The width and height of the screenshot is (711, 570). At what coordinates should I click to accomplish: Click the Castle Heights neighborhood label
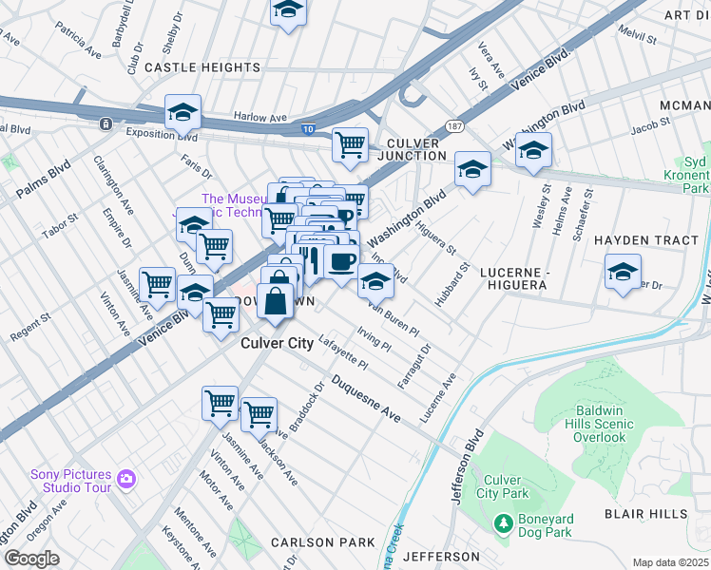(x=202, y=67)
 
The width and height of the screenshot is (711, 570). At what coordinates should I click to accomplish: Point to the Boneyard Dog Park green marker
(x=503, y=521)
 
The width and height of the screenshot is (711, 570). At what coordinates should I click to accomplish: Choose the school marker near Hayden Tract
(x=623, y=272)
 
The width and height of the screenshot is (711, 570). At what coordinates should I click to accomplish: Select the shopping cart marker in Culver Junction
(x=351, y=144)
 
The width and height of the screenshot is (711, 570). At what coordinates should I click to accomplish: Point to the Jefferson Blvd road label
(x=459, y=469)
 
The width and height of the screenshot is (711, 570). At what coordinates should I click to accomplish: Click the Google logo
(x=31, y=558)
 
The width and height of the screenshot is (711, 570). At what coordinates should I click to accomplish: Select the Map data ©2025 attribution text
(x=670, y=562)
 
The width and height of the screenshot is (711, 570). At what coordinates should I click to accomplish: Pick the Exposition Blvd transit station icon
(x=105, y=123)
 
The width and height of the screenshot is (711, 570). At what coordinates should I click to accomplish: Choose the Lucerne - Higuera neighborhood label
(x=519, y=277)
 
